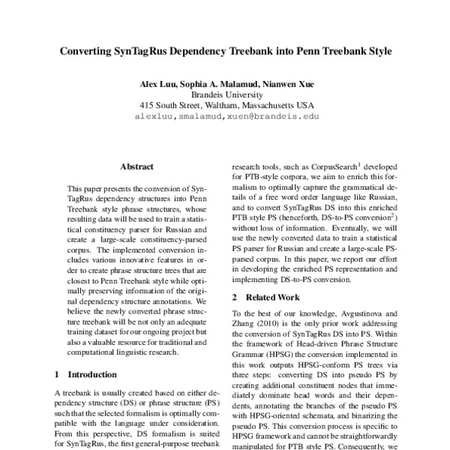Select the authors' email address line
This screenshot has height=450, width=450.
tap(225, 117)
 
